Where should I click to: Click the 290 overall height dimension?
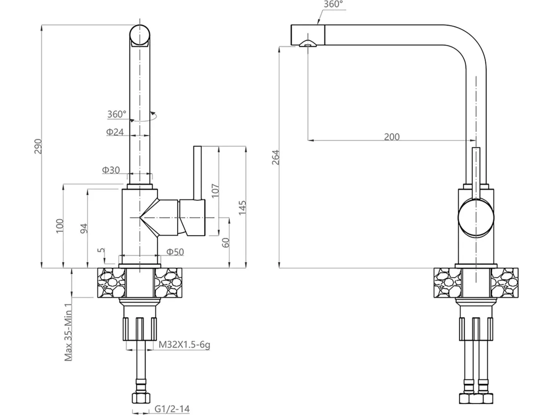[38, 146]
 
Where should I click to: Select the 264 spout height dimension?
[276, 157]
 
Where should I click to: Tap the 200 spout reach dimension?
[392, 137]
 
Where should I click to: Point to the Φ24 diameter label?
[115, 132]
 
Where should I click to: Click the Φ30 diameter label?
[111, 170]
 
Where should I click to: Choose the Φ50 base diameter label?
[176, 252]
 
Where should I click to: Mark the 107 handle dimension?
[215, 191]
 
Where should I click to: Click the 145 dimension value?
[242, 208]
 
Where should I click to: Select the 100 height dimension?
[60, 226]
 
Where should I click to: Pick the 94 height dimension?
[84, 228]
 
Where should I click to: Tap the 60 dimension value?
[226, 243]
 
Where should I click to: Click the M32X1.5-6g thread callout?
[184, 345]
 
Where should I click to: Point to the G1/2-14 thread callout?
[172, 409]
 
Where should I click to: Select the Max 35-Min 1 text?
[68, 332]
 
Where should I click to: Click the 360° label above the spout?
[333, 4]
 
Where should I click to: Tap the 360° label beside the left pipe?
[117, 114]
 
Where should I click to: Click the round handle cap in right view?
[476, 218]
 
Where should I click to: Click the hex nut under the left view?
[141, 398]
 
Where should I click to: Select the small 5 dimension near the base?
[101, 250]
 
